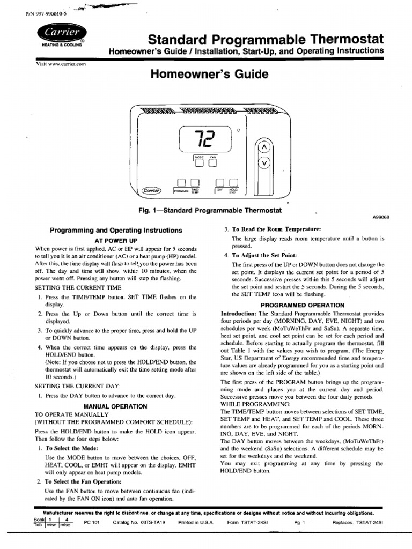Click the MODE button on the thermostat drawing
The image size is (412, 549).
[198, 160]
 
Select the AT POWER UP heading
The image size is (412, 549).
[116, 241]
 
